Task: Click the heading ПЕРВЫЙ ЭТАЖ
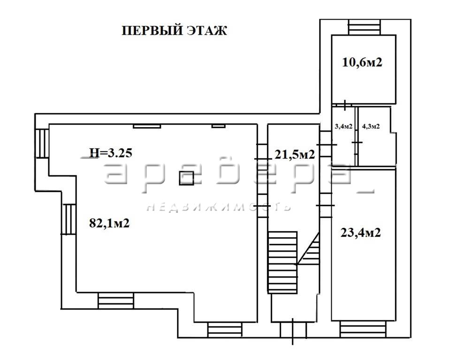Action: pyautogui.click(x=174, y=30)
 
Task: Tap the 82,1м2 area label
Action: pyautogui.click(x=109, y=224)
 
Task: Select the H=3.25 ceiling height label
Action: pyautogui.click(x=111, y=152)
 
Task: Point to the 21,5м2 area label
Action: pyautogui.click(x=295, y=154)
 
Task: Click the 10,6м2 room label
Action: pyautogui.click(x=362, y=62)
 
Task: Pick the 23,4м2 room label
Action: pyautogui.click(x=361, y=233)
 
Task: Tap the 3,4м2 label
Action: pyautogui.click(x=343, y=126)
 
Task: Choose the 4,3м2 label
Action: pyautogui.click(x=371, y=126)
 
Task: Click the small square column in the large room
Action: pyautogui.click(x=187, y=178)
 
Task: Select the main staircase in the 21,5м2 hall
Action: pyautogui.click(x=283, y=262)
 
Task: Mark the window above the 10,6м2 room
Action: pyautogui.click(x=365, y=27)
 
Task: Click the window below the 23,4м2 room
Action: pyautogui.click(x=363, y=330)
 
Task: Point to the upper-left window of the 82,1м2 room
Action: pyautogui.click(x=42, y=143)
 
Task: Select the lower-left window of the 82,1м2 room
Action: pyautogui.click(x=69, y=219)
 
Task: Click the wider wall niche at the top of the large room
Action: pyautogui.click(x=147, y=126)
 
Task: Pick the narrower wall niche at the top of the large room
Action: pyautogui.click(x=219, y=126)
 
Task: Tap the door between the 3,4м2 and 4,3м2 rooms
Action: pyautogui.click(x=356, y=142)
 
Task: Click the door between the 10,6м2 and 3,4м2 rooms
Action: pyautogui.click(x=345, y=105)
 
